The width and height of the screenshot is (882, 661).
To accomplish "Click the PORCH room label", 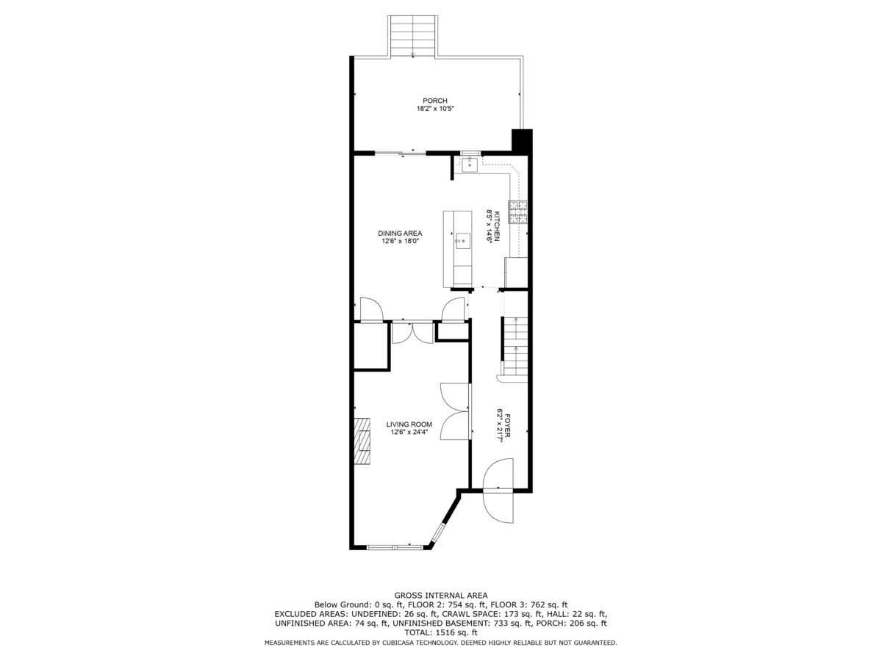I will [x=434, y=101].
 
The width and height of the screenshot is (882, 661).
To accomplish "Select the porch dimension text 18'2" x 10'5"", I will [x=434, y=109].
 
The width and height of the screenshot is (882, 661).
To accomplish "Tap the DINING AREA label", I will [x=401, y=233].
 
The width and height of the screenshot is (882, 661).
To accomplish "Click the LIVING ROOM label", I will [x=409, y=424].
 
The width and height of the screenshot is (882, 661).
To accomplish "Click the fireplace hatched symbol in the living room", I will [x=362, y=441].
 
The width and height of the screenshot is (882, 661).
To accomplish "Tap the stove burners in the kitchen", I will [x=518, y=212].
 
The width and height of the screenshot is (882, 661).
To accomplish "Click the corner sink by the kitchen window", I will [x=470, y=165].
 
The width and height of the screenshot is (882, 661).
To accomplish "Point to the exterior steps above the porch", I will [x=413, y=35].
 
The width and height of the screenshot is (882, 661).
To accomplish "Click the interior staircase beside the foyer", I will [x=516, y=345].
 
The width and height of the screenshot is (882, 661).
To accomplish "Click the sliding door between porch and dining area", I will [x=400, y=153].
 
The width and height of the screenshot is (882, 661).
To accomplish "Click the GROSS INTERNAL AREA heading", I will [x=440, y=595].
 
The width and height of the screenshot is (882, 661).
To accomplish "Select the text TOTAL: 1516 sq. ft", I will [x=440, y=632].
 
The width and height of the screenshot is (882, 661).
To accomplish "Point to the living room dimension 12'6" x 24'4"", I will [x=409, y=432].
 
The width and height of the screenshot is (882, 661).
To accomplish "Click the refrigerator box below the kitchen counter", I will [x=516, y=272].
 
